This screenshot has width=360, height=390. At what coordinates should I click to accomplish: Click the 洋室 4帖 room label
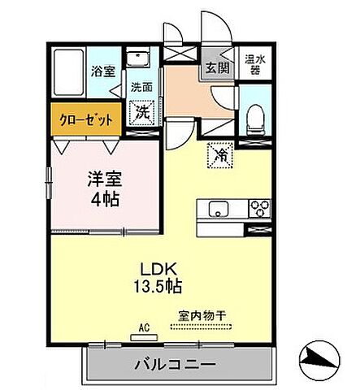[104, 188]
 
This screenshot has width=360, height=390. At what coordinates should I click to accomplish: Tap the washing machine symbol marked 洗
[141, 112]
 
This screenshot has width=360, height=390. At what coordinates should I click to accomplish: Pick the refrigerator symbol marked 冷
[220, 154]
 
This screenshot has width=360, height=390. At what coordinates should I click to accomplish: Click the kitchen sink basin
[218, 208]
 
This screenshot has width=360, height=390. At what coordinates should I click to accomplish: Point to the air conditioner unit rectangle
[144, 336]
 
